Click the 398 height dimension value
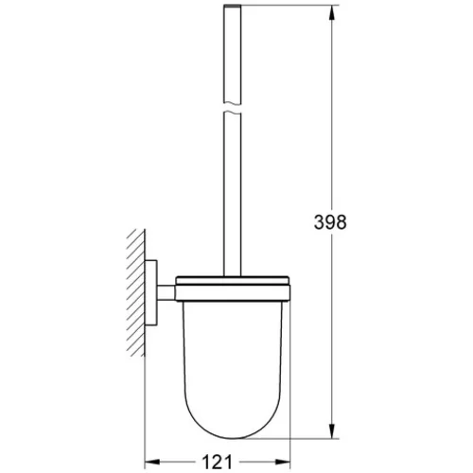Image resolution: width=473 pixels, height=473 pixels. (330, 222)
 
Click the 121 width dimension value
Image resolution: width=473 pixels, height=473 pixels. (217, 462)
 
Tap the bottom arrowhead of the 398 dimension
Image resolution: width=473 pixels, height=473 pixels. (331, 429)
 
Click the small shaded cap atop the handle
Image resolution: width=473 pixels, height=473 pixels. (232, 6)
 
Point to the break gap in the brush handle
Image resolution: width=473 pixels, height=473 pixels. (232, 108)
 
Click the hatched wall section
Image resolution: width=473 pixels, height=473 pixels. (136, 292)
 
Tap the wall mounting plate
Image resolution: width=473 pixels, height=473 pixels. (151, 293)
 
